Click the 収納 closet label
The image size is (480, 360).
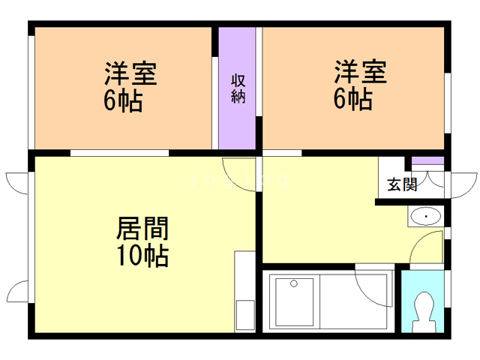[238, 88]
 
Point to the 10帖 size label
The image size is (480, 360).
[142, 256]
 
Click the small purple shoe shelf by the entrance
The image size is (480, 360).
[428, 162]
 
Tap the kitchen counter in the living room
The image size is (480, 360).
[244, 292]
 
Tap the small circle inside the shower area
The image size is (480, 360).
[294, 283]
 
